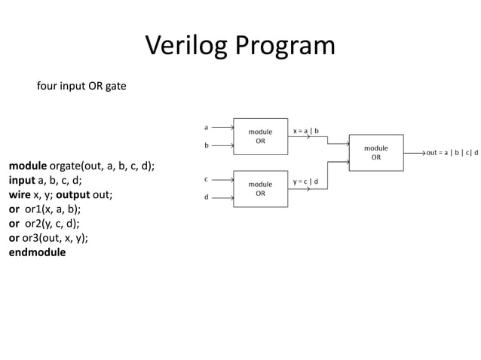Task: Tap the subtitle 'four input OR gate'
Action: (81, 86)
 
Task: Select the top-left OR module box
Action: (261, 136)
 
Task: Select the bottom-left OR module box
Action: (261, 188)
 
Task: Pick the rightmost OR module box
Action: (376, 153)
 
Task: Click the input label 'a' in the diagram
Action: (207, 127)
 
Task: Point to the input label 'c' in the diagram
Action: (207, 179)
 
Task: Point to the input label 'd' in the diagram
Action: (207, 197)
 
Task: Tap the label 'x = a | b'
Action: (306, 131)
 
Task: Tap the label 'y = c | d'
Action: (306, 182)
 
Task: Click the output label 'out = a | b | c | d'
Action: (452, 153)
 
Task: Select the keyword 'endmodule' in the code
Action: (37, 252)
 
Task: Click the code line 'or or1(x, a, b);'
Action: (44, 209)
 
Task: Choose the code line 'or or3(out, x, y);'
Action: (48, 238)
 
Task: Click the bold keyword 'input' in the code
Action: (22, 181)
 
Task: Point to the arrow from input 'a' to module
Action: (222, 127)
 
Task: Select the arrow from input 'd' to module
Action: (222, 198)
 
